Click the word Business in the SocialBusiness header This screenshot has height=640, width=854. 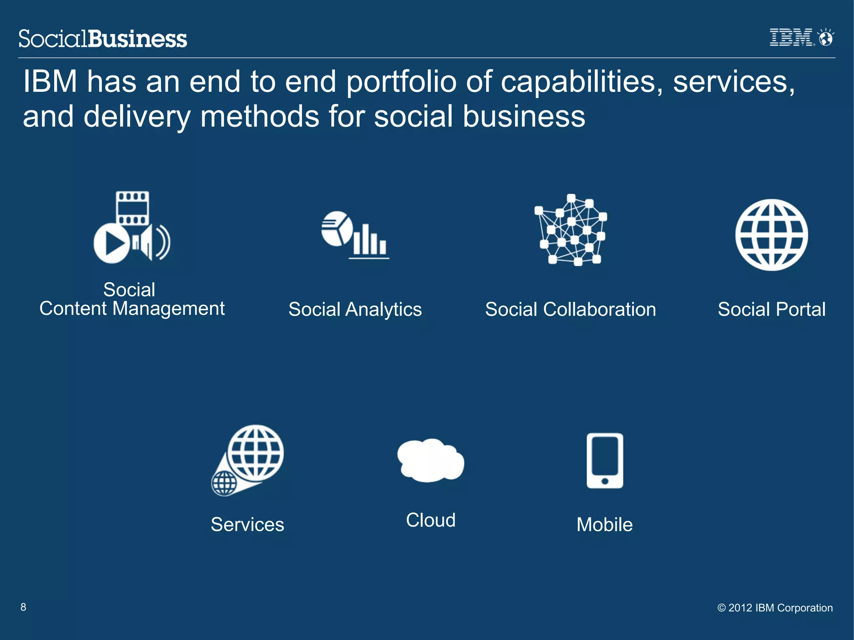click(x=138, y=39)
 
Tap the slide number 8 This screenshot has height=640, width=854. click(x=23, y=607)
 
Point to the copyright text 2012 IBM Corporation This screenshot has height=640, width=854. click(x=775, y=608)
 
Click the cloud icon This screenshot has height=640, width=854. click(x=430, y=460)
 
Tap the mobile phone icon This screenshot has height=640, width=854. click(x=605, y=460)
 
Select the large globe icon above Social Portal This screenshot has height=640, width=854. click(x=771, y=235)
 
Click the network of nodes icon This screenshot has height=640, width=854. click(x=570, y=230)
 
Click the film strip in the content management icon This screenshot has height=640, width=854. click(x=132, y=208)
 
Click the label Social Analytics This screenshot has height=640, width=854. click(x=355, y=309)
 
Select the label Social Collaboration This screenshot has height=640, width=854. click(x=570, y=309)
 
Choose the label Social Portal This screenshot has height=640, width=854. click(x=771, y=309)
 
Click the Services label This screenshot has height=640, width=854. click(x=247, y=525)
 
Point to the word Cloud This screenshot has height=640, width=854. click(x=431, y=520)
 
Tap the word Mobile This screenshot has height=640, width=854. click(x=605, y=525)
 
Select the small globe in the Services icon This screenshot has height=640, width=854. click(x=224, y=483)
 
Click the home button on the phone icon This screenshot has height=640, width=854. click(x=605, y=481)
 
